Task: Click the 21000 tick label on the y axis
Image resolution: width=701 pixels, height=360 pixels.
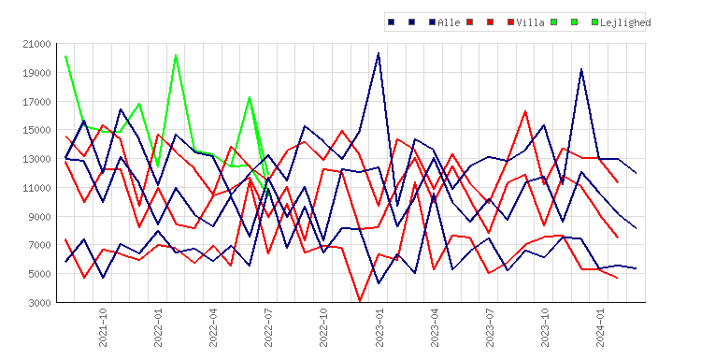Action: pos(36,44)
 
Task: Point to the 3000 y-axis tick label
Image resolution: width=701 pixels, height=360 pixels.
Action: pos(39,303)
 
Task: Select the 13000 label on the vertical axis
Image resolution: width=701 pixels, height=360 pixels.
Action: pos(36,159)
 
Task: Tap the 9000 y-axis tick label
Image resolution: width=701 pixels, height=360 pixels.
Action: pos(39,217)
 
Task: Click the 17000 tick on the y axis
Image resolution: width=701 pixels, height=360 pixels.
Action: pos(36,102)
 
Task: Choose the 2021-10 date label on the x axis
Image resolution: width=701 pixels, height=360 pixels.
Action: pos(103,328)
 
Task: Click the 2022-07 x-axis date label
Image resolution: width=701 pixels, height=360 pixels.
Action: pos(268,328)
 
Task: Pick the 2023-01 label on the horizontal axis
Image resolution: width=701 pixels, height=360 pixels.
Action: pos(379,328)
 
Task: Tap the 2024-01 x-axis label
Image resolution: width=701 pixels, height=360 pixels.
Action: pos(599,328)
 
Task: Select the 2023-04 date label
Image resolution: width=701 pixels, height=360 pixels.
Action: pos(434,328)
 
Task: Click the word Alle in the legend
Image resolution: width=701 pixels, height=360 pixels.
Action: pos(449,22)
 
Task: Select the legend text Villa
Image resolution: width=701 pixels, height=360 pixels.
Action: pos(530,22)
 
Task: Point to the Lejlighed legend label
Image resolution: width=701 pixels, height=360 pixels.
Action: pos(625,22)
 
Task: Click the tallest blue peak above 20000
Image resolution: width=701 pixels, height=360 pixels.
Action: pos(379,53)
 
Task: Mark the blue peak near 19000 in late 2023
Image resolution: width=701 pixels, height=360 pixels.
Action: pos(581,69)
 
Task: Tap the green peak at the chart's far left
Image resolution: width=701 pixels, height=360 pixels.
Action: pos(65,56)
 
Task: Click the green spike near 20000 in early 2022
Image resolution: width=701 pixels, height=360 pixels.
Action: pos(176,55)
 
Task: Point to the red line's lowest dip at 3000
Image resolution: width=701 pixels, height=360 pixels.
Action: pos(361,301)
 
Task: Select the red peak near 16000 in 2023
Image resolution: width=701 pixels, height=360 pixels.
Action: pos(525,111)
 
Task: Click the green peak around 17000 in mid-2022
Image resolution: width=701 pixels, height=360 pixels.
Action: pos(250,97)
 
